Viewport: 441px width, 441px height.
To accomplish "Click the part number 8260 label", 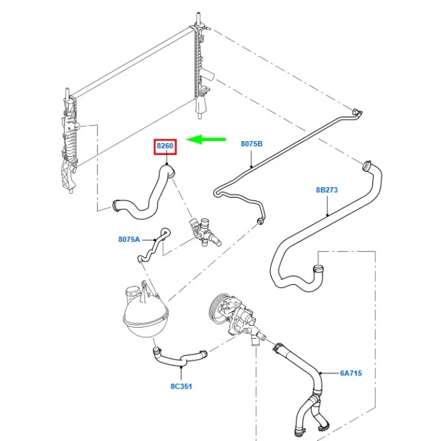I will [165, 146].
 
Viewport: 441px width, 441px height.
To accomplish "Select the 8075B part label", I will [251, 144].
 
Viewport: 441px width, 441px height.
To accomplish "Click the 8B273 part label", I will [327, 189].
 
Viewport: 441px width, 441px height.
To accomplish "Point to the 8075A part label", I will [129, 239].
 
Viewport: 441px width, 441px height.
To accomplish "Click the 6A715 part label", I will [351, 373].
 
